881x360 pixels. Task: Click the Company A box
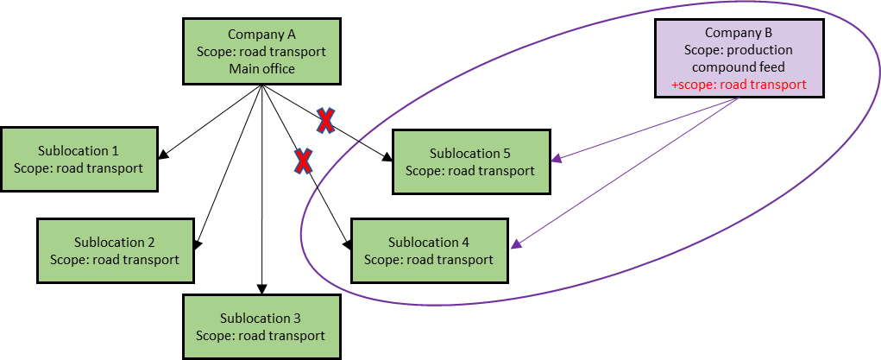pyautogui.click(x=261, y=52)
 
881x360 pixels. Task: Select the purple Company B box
pyautogui.click(x=739, y=58)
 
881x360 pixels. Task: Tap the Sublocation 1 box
pyautogui.click(x=79, y=159)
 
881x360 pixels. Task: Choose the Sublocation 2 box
pyautogui.click(x=115, y=250)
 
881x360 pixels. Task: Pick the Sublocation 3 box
pyautogui.click(x=261, y=326)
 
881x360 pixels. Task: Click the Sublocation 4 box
pyautogui.click(x=429, y=250)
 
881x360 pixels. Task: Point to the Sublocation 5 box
pyautogui.click(x=470, y=161)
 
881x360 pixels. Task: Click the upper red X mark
pyautogui.click(x=324, y=121)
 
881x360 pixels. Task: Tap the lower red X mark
pyautogui.click(x=303, y=160)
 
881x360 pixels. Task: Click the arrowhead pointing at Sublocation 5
pyautogui.click(x=557, y=159)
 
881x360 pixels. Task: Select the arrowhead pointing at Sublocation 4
pyautogui.click(x=515, y=245)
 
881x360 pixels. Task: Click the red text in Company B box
pyautogui.click(x=739, y=85)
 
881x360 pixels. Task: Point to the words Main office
pyautogui.click(x=261, y=68)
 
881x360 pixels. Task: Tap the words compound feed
pyautogui.click(x=739, y=67)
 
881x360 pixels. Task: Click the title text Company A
pyautogui.click(x=261, y=35)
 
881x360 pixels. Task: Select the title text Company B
pyautogui.click(x=739, y=33)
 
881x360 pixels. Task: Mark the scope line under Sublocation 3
pyautogui.click(x=261, y=335)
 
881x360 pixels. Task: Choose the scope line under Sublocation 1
pyautogui.click(x=79, y=167)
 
